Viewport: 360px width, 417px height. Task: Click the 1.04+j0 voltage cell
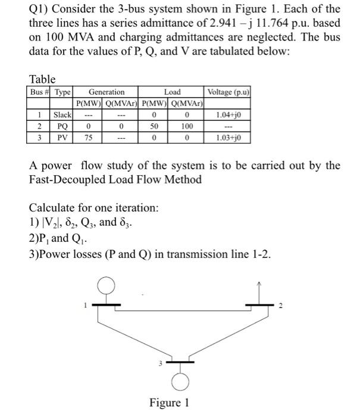point(228,114)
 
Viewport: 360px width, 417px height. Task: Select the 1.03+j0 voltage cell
point(228,137)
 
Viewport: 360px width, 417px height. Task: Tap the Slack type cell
point(62,114)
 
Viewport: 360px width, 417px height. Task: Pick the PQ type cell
point(62,126)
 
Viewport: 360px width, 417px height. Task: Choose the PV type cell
point(62,137)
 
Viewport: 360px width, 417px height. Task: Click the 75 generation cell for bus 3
point(88,137)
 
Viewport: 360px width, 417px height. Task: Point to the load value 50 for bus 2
point(154,126)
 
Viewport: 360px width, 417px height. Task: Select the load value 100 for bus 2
point(187,126)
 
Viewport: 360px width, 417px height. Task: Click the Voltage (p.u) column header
point(228,92)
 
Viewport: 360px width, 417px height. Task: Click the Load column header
point(172,92)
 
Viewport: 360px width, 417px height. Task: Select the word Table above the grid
point(42,79)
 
